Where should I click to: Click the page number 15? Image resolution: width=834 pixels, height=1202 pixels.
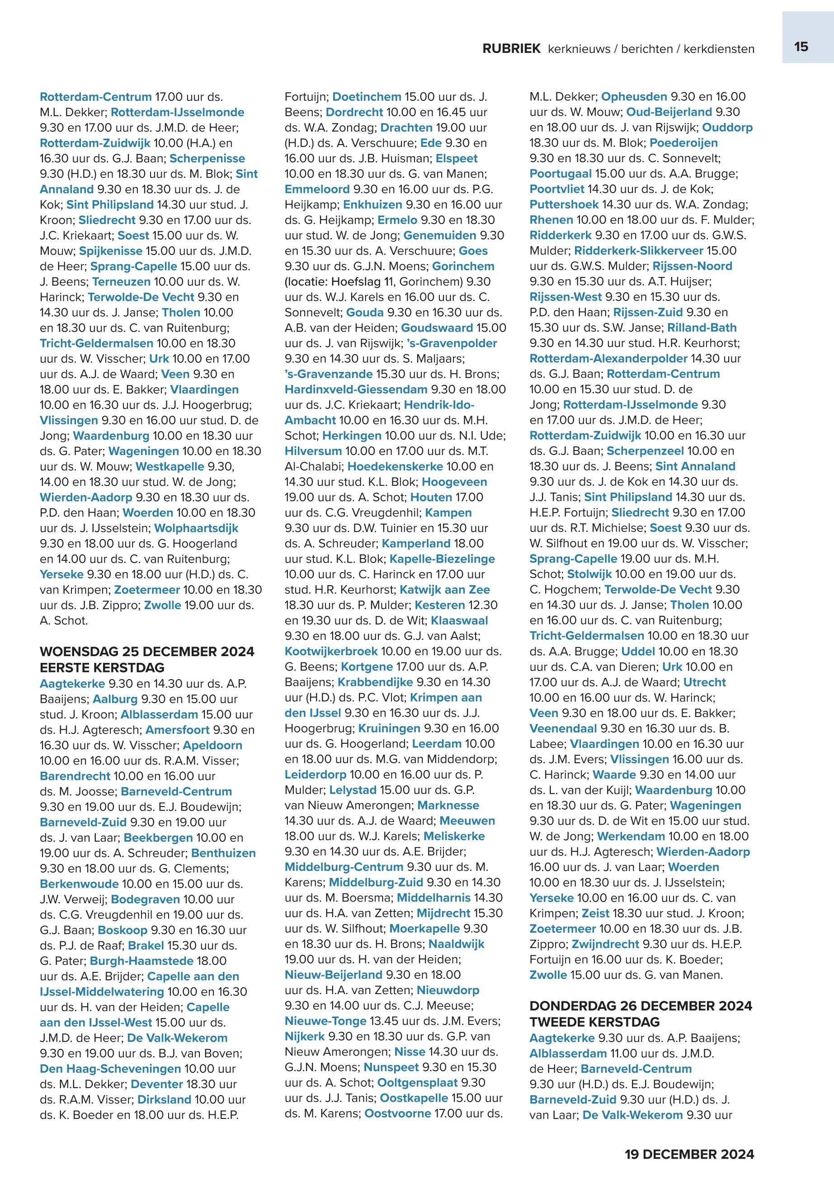point(801,47)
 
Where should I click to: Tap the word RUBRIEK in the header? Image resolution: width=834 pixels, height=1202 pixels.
point(511,49)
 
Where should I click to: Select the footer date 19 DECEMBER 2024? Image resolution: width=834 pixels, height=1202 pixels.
point(689,1154)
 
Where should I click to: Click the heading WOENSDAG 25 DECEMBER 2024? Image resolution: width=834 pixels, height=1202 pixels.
point(147,652)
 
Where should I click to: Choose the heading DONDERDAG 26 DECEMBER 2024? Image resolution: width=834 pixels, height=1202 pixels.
point(641,1005)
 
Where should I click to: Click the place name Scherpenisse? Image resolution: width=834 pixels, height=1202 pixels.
point(207,158)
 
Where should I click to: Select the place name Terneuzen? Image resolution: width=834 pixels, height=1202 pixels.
point(121,282)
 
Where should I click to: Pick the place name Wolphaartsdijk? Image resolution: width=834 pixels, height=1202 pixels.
point(196,528)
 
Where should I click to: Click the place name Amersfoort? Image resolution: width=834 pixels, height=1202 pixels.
point(177,729)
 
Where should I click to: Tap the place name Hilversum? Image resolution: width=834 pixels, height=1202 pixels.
point(312,451)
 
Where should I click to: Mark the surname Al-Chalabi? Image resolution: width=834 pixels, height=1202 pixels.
point(312,466)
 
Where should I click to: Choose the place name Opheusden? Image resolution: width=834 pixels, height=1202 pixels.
point(634,97)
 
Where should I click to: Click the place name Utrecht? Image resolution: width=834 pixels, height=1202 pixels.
point(704,682)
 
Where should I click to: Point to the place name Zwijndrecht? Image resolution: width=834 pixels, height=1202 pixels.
point(605,944)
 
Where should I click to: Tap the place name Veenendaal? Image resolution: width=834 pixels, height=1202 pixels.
point(563,728)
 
